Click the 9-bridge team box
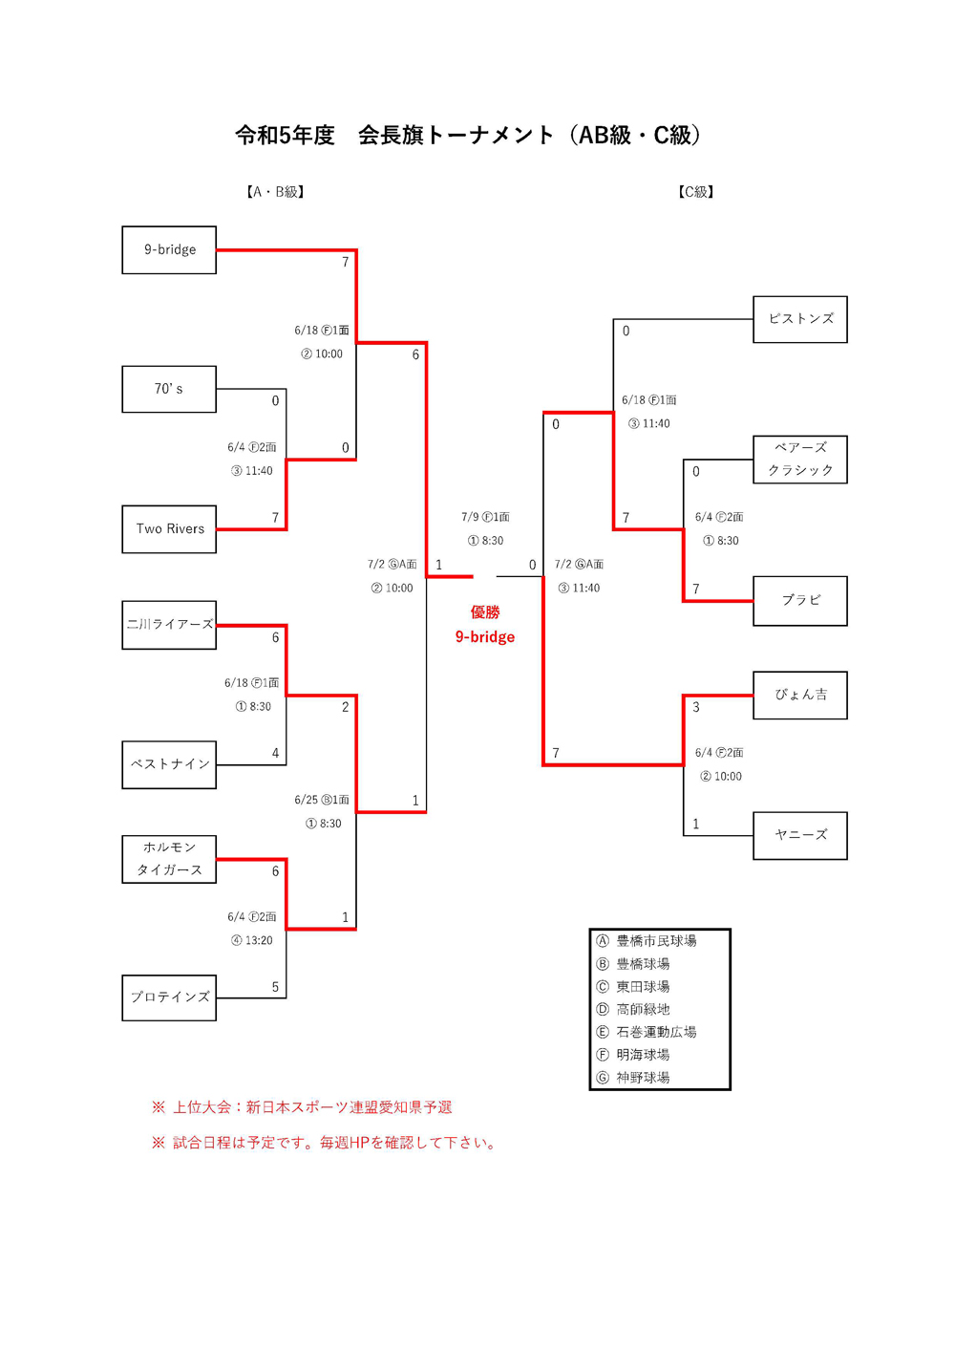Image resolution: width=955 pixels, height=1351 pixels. pyautogui.click(x=169, y=250)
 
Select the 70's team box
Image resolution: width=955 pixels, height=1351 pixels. pyautogui.click(x=169, y=390)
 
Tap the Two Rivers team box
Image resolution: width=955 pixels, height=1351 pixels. pyautogui.click(x=169, y=529)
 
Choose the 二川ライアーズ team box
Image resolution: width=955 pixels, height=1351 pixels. pyautogui.click(x=169, y=625)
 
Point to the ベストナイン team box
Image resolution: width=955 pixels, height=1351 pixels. pyautogui.click(x=169, y=764)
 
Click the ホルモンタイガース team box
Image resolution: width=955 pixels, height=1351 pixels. pyautogui.click(x=169, y=859)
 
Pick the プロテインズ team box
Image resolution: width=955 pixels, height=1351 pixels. pyautogui.click(x=169, y=997)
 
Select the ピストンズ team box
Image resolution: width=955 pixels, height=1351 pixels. pyautogui.click(x=800, y=319)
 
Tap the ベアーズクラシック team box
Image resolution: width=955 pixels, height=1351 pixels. pyautogui.click(x=800, y=460)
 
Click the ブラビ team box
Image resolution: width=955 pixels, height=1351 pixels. pyautogui.click(x=800, y=600)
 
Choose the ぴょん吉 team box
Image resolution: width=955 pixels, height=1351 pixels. pyautogui.click(x=800, y=695)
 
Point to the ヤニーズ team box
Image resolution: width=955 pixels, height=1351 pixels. pyautogui.click(x=800, y=835)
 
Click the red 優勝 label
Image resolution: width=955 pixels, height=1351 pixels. pyautogui.click(x=485, y=612)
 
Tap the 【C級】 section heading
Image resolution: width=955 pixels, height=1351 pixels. pyautogui.click(x=696, y=192)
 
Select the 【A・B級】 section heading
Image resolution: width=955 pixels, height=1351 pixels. pyautogui.click(x=275, y=192)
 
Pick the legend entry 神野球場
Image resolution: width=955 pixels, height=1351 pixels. pyautogui.click(x=642, y=1078)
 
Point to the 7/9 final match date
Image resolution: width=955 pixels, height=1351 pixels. pyautogui.click(x=485, y=517)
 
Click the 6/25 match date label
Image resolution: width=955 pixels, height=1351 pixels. pyautogui.click(x=322, y=800)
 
